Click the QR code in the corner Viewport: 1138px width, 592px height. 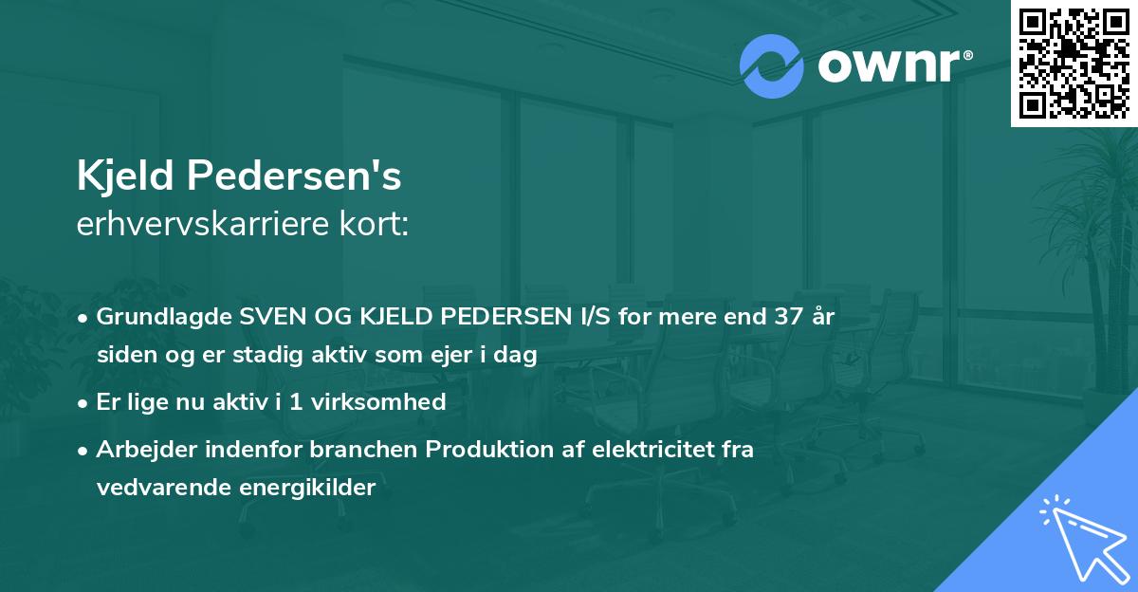pos(1074,63)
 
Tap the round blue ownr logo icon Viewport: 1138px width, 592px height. pos(771,66)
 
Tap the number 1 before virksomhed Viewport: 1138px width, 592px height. pos(297,402)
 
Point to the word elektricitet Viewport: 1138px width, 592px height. pos(644,450)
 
